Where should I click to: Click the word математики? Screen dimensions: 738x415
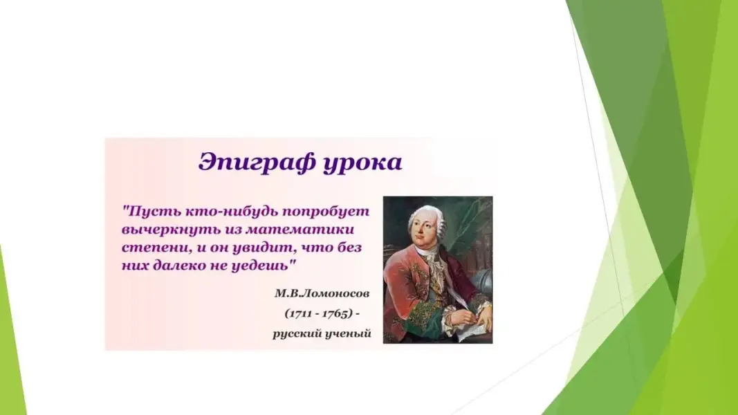tap(299, 230)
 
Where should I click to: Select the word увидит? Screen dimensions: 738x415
tap(264, 248)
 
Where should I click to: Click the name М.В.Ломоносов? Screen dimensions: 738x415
tap(322, 293)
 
